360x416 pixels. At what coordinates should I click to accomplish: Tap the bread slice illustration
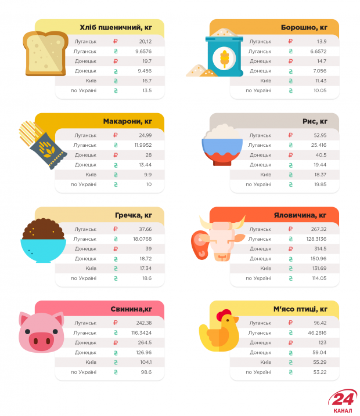pos(45,54)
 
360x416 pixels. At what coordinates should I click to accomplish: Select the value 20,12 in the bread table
pos(145,41)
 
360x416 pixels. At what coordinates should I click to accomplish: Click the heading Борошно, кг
pos(304,27)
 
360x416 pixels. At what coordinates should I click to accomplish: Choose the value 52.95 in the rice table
pos(320,135)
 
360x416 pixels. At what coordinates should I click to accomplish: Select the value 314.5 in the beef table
pos(319,248)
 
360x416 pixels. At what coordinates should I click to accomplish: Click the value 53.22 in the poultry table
pos(319,372)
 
